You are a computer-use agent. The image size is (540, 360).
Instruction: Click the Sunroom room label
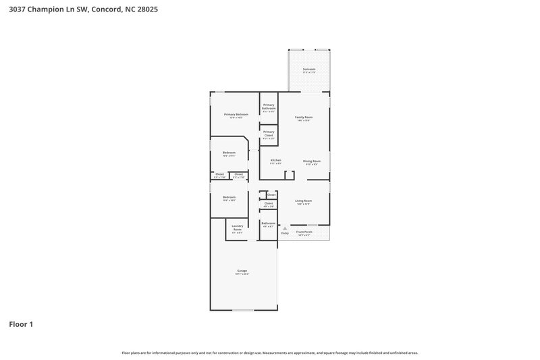(x=309, y=70)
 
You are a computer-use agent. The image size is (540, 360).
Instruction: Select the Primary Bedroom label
(x=236, y=115)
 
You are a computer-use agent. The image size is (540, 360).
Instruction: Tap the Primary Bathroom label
(x=269, y=106)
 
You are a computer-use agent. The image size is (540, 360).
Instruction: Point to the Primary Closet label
(x=269, y=133)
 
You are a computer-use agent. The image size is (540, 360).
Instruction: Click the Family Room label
(x=304, y=118)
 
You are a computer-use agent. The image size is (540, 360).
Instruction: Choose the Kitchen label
(x=275, y=161)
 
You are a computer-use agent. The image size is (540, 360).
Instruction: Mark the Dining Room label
(x=311, y=161)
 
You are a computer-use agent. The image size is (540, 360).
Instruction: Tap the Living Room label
(x=303, y=201)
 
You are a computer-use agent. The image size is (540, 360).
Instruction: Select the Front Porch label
(x=304, y=232)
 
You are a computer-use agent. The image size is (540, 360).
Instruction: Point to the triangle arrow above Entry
(x=285, y=228)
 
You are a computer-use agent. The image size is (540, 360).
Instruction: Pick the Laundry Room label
(x=237, y=228)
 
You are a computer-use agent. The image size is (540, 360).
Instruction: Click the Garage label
(x=242, y=272)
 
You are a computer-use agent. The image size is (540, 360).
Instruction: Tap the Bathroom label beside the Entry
(x=268, y=224)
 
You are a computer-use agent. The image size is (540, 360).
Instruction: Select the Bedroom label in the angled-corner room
(x=230, y=153)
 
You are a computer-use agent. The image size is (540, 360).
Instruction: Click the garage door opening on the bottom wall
(x=244, y=310)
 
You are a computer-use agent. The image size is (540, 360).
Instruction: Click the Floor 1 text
(x=21, y=324)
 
